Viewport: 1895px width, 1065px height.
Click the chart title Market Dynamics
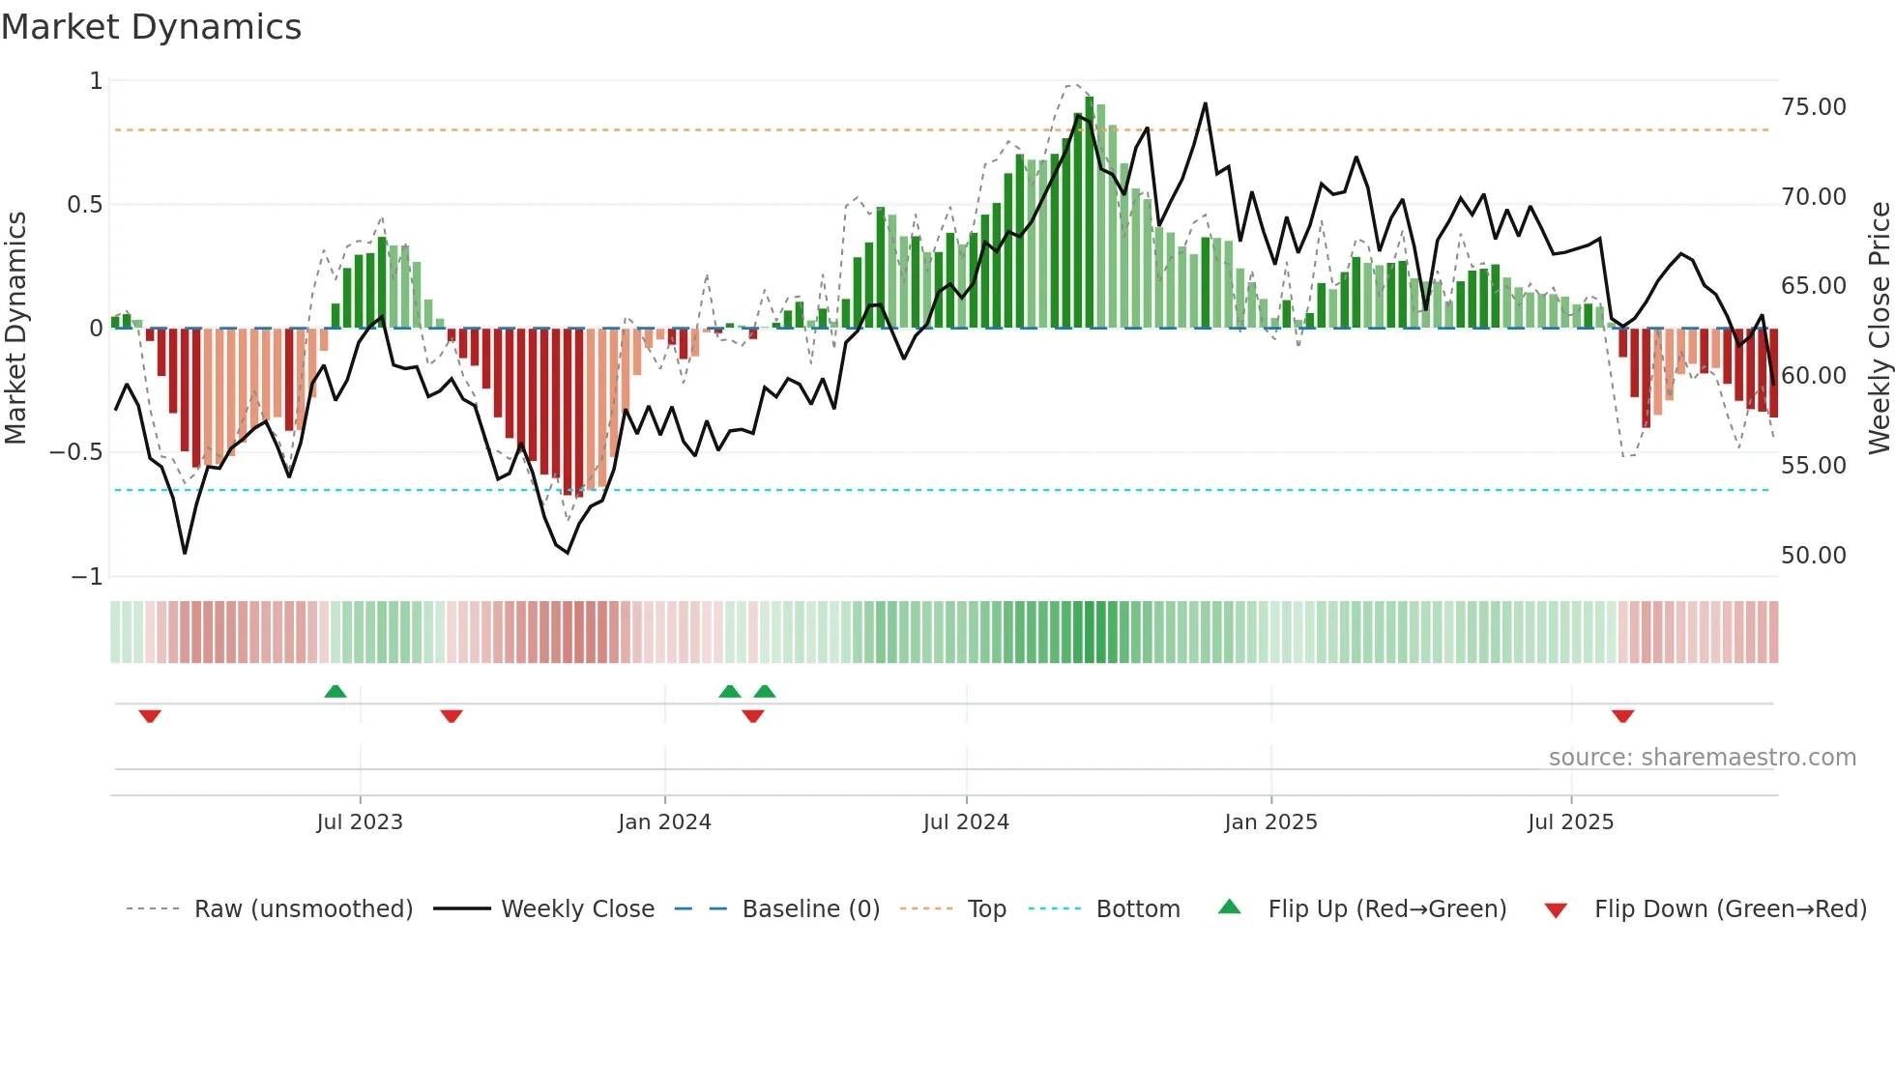(x=151, y=27)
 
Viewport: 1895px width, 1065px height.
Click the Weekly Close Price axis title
(x=1879, y=328)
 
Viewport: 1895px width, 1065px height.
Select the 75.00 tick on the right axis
(x=1813, y=107)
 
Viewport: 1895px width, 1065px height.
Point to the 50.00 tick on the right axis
(x=1813, y=556)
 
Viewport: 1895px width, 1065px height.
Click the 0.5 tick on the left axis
(x=84, y=205)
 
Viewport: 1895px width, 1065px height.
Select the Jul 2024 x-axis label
(x=966, y=822)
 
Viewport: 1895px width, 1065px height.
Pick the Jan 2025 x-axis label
(x=1270, y=822)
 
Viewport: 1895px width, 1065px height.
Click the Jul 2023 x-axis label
(x=360, y=822)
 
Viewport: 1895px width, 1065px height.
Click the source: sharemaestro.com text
(x=1702, y=758)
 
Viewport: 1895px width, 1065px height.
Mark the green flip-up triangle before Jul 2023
(x=335, y=691)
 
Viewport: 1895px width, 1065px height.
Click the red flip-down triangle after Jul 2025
(x=1622, y=716)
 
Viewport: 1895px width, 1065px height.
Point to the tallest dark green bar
(x=1090, y=213)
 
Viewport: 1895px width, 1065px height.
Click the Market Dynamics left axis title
(x=15, y=328)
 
